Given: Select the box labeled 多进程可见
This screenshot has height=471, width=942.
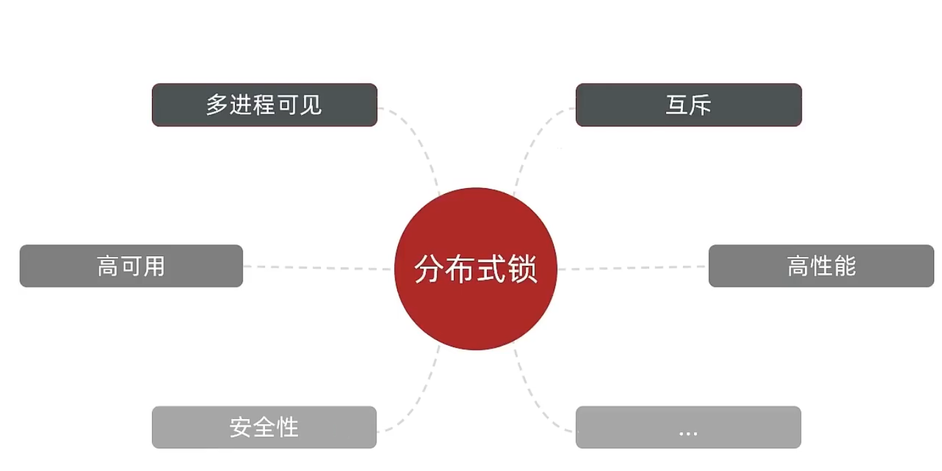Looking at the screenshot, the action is pos(264,105).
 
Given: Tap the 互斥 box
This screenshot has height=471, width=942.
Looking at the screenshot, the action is pos(688,105).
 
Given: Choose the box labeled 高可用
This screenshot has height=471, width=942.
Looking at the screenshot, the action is pos(131,266).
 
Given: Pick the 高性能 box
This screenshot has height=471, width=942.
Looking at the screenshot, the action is pos(821,266).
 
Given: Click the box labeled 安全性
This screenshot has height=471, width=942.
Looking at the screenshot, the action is pos(264,428).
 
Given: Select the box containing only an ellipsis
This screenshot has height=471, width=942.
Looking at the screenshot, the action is pos(688,428).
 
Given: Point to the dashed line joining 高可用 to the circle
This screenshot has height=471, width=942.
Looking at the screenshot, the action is pos(318,267).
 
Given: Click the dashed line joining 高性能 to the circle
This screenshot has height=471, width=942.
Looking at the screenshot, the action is pos(633,267).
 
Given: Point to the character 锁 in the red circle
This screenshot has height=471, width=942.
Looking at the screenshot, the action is pos(524,269).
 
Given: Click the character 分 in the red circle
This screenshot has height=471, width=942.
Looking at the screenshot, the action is pos(428,269).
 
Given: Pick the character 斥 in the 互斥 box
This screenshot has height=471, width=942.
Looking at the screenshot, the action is pos(700,105).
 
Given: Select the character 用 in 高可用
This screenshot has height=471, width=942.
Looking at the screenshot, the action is pos(154,266).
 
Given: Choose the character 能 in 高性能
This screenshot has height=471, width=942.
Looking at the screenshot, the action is pos(844,266).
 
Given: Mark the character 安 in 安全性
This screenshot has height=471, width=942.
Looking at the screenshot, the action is pos(241,428).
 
